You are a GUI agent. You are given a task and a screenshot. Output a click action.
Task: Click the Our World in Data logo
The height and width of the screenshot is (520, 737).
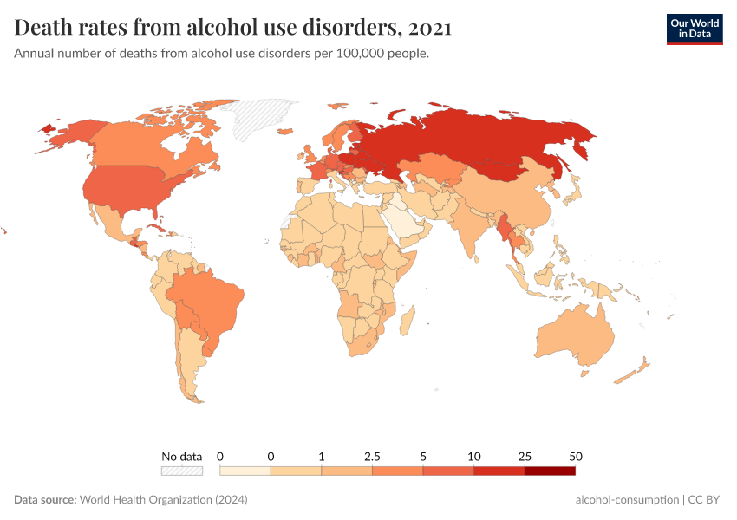click(x=694, y=28)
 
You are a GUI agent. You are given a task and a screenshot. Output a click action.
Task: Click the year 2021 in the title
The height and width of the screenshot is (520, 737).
click(x=428, y=28)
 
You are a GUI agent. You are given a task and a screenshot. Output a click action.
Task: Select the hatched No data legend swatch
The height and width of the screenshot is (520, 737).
click(x=181, y=471)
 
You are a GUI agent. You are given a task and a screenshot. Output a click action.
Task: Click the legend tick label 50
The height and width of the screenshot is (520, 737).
click(x=575, y=456)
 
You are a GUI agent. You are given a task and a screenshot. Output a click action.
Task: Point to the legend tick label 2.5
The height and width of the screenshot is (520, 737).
click(x=372, y=456)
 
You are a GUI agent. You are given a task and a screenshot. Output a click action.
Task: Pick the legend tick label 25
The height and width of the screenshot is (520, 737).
click(x=525, y=456)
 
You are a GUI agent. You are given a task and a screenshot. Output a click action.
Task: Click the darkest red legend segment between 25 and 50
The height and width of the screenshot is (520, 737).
click(x=550, y=471)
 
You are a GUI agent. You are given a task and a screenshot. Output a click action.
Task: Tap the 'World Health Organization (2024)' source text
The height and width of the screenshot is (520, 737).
click(x=164, y=500)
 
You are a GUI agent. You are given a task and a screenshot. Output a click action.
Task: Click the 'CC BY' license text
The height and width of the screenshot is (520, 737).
click(x=706, y=500)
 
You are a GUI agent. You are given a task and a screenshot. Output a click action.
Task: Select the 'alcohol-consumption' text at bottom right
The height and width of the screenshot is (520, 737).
click(x=627, y=500)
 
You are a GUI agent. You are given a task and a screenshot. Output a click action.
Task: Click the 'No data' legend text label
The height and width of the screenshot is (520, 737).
click(x=181, y=456)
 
